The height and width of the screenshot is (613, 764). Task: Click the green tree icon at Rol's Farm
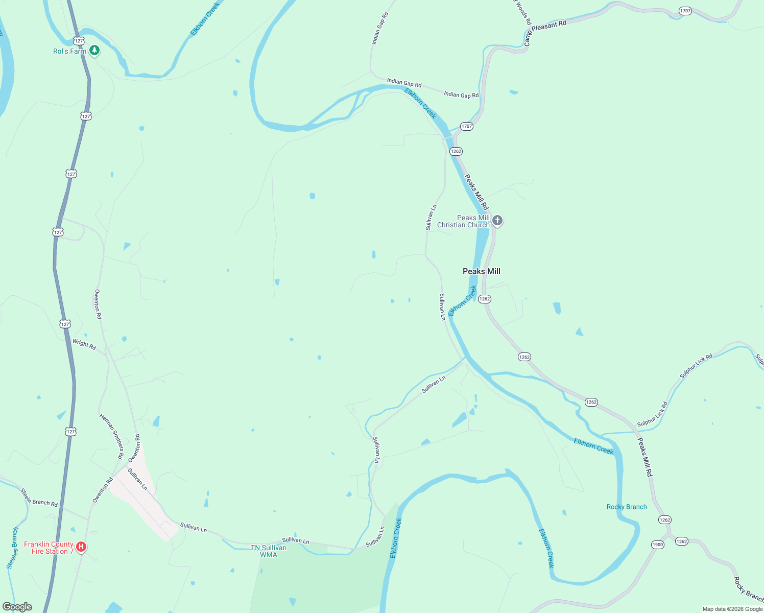click(x=94, y=51)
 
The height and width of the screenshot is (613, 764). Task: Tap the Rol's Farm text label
click(x=70, y=51)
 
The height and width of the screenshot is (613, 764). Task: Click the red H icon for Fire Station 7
click(x=81, y=548)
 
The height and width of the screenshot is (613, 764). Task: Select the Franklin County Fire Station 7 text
click(x=49, y=548)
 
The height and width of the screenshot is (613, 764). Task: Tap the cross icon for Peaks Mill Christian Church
click(x=497, y=221)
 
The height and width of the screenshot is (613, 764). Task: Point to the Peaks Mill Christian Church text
click(x=464, y=221)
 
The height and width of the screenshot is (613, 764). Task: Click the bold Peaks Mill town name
click(x=481, y=271)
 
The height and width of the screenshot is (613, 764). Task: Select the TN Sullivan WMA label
click(x=269, y=551)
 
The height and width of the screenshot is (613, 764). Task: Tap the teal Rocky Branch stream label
click(x=627, y=507)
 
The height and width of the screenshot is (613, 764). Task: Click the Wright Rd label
click(x=84, y=345)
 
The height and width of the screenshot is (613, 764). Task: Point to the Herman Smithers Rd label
click(x=112, y=436)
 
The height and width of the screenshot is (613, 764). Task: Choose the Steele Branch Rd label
click(x=39, y=498)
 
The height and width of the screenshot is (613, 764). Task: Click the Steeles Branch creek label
click(x=12, y=548)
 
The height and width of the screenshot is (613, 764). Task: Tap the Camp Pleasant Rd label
click(x=545, y=32)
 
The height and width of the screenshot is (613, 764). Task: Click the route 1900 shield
click(x=658, y=545)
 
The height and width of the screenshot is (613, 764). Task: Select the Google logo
click(x=17, y=607)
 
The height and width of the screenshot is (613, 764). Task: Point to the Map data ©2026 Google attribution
click(x=732, y=609)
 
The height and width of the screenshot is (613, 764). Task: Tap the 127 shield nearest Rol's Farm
click(x=78, y=40)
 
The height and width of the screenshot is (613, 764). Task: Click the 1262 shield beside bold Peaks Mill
click(x=485, y=299)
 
